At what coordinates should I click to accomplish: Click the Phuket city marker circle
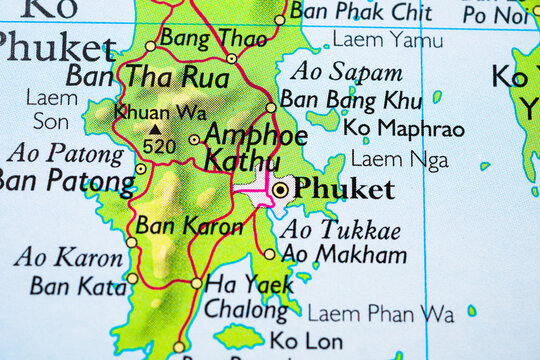point(280,189)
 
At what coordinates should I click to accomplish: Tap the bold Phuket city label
point(344,189)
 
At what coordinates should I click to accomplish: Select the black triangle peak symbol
point(155,129)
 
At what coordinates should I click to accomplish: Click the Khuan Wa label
point(161,113)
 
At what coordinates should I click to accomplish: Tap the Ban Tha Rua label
point(147,75)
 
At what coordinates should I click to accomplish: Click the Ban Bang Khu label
point(350,100)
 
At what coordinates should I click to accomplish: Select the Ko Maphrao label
point(403,129)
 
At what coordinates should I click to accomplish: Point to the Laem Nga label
point(399,159)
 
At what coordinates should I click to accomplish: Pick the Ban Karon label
point(189,225)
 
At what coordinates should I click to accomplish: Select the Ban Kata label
point(64,286)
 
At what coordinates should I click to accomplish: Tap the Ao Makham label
point(344,254)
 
